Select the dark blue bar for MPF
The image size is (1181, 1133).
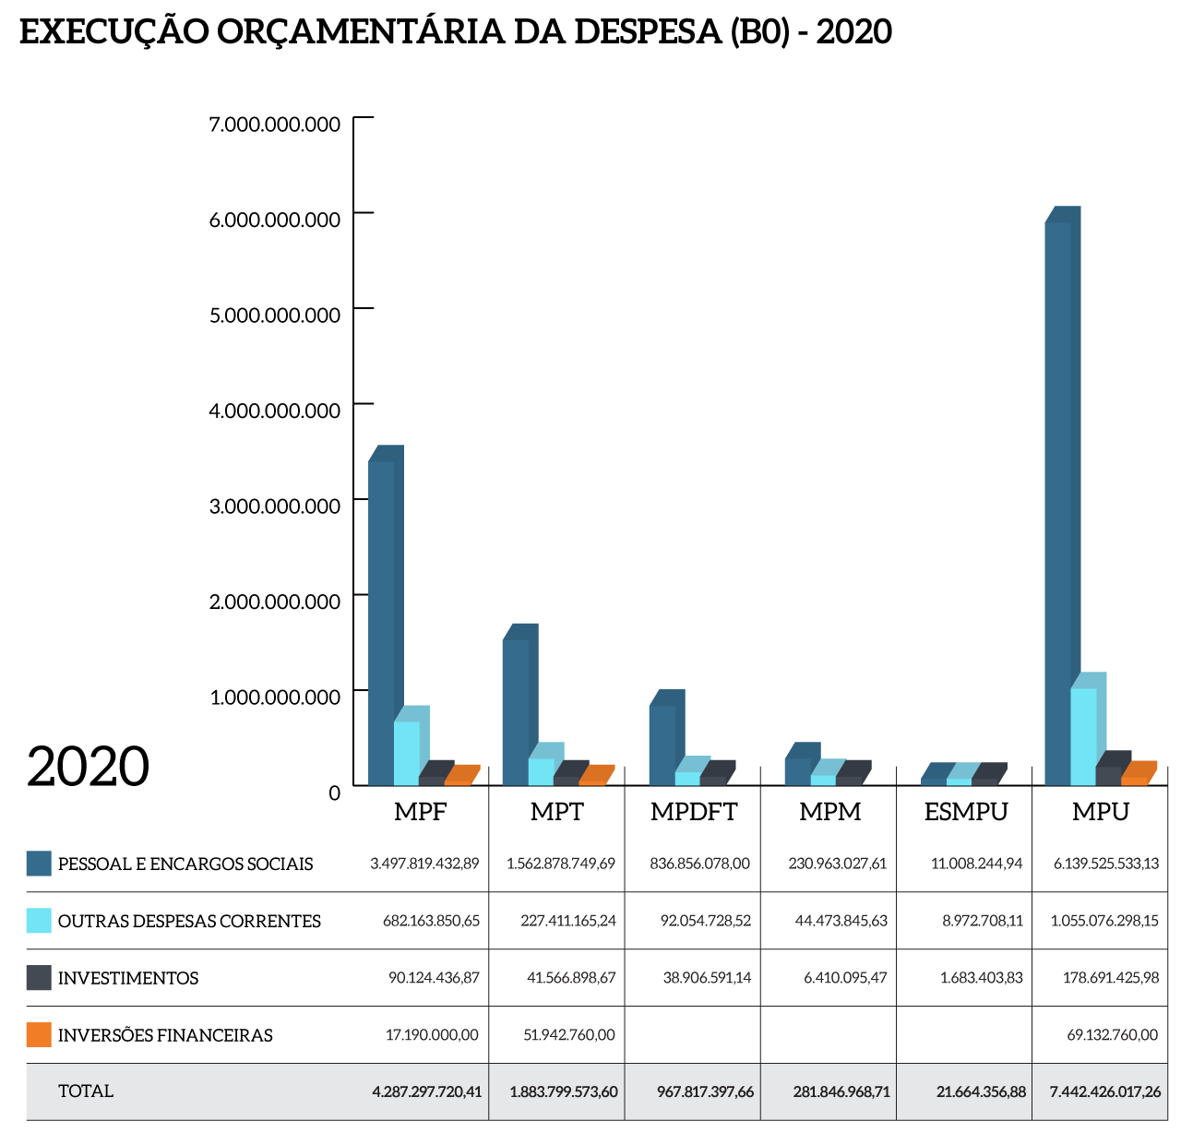tap(381, 623)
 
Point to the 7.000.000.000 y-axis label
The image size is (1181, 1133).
tap(275, 124)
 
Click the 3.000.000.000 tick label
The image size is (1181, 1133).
tap(275, 506)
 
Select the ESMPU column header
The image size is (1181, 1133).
tap(966, 812)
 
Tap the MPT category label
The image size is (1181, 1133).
tap(557, 812)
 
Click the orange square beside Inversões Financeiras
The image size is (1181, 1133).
tap(39, 1035)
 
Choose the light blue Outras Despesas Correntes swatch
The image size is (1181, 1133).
tap(39, 921)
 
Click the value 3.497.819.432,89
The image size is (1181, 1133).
tap(424, 864)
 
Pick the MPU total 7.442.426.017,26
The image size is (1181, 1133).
tap(1105, 1091)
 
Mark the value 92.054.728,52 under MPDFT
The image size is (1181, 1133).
tap(705, 921)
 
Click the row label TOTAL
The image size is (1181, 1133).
tap(86, 1091)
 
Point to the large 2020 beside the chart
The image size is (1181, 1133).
tap(88, 767)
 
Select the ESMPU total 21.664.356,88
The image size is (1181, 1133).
tap(980, 1091)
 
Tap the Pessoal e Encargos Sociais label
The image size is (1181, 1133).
tap(185, 865)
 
